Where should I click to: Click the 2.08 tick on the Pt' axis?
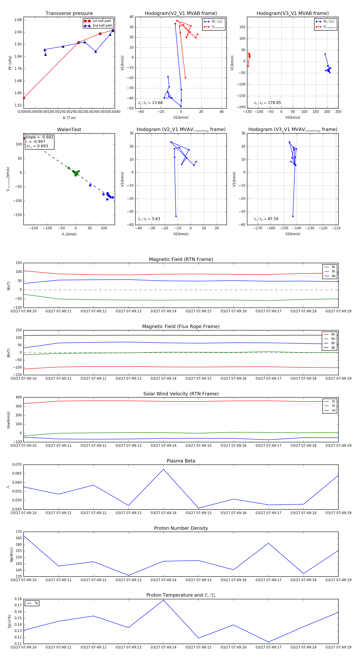18,20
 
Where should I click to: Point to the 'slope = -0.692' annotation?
39,137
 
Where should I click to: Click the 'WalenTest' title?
69,130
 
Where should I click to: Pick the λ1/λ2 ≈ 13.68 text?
150,103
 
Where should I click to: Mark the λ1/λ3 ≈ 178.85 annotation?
267,103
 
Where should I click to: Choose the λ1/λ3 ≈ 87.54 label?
266,219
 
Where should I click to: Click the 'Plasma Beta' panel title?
181,461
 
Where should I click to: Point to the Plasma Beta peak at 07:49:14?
163,469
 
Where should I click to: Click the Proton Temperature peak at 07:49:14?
163,600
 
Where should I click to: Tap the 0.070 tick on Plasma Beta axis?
17,465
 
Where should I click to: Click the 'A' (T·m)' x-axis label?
69,118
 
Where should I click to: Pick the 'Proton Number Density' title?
181,528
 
